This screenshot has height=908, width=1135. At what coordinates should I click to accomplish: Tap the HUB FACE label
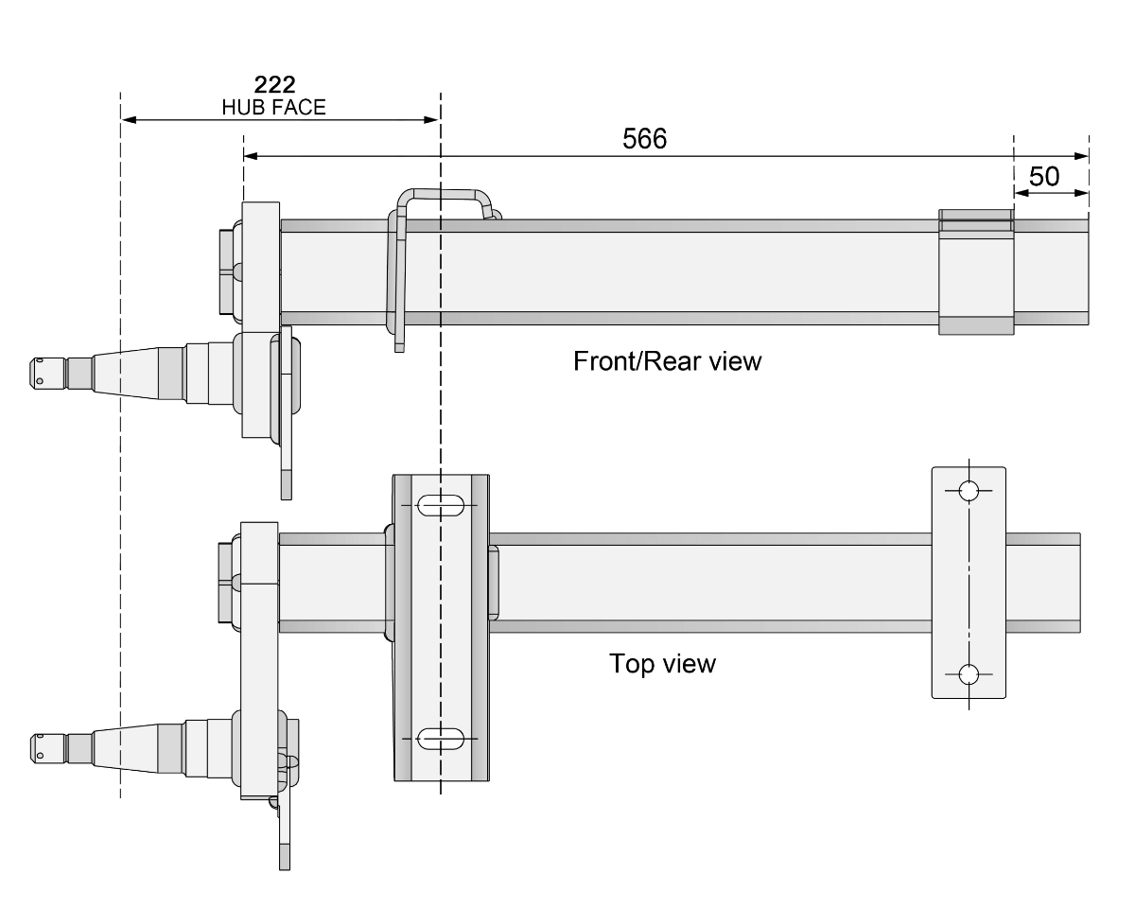273,107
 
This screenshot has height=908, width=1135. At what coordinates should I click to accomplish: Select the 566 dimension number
644,138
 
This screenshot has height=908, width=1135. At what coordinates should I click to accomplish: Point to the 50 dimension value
1043,176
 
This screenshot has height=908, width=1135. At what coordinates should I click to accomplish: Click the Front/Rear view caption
667,361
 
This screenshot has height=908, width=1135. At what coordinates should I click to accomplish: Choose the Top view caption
662,663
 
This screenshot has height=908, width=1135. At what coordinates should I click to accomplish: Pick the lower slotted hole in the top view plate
441,738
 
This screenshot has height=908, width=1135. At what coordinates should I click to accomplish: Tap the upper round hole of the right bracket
969,491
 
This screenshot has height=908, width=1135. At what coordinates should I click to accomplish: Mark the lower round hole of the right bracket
969,674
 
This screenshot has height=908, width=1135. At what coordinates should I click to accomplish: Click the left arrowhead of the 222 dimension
129,120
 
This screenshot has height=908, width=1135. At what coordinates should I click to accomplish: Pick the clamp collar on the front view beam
976,271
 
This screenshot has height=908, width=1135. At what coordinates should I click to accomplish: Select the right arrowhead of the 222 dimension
432,120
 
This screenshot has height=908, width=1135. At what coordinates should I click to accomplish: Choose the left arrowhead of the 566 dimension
252,156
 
